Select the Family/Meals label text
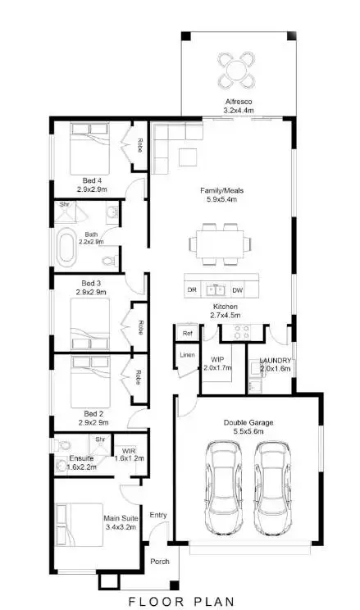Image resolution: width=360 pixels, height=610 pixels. click(222, 190)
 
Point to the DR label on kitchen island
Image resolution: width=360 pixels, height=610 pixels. click(192, 289)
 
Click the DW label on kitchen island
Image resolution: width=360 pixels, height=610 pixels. click(237, 289)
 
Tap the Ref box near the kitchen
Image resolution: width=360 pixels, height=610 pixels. click(188, 334)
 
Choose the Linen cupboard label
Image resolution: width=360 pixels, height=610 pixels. click(188, 354)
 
